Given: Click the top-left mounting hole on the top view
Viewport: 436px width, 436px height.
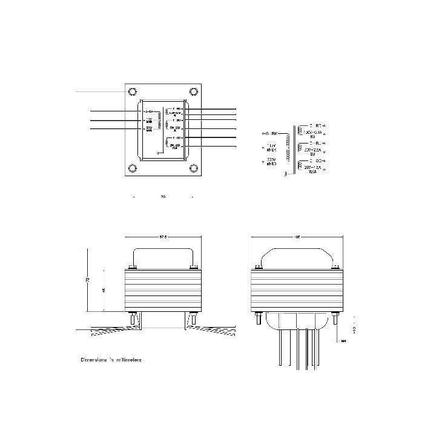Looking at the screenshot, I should pos(131,91).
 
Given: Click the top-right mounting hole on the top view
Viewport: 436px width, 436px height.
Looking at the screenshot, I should pos(194,91).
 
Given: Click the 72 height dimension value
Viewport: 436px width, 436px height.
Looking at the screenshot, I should pos(88,280).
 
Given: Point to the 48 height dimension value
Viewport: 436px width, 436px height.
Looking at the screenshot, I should pos(104,291).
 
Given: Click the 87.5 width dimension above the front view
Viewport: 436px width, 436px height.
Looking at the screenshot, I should pos(162,237).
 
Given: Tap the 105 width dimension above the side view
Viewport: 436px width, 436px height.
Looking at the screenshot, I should pos(297,237).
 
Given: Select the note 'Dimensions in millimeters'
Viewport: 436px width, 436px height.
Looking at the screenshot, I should pos(111,360).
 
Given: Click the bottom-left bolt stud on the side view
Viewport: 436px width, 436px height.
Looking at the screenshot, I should pos(257,319).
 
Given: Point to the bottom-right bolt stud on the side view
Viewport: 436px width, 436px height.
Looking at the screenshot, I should pos(335,319).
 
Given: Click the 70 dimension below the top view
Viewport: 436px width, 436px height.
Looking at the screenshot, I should pos(163,197).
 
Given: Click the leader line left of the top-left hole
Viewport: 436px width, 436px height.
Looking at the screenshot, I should pos(100,91).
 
